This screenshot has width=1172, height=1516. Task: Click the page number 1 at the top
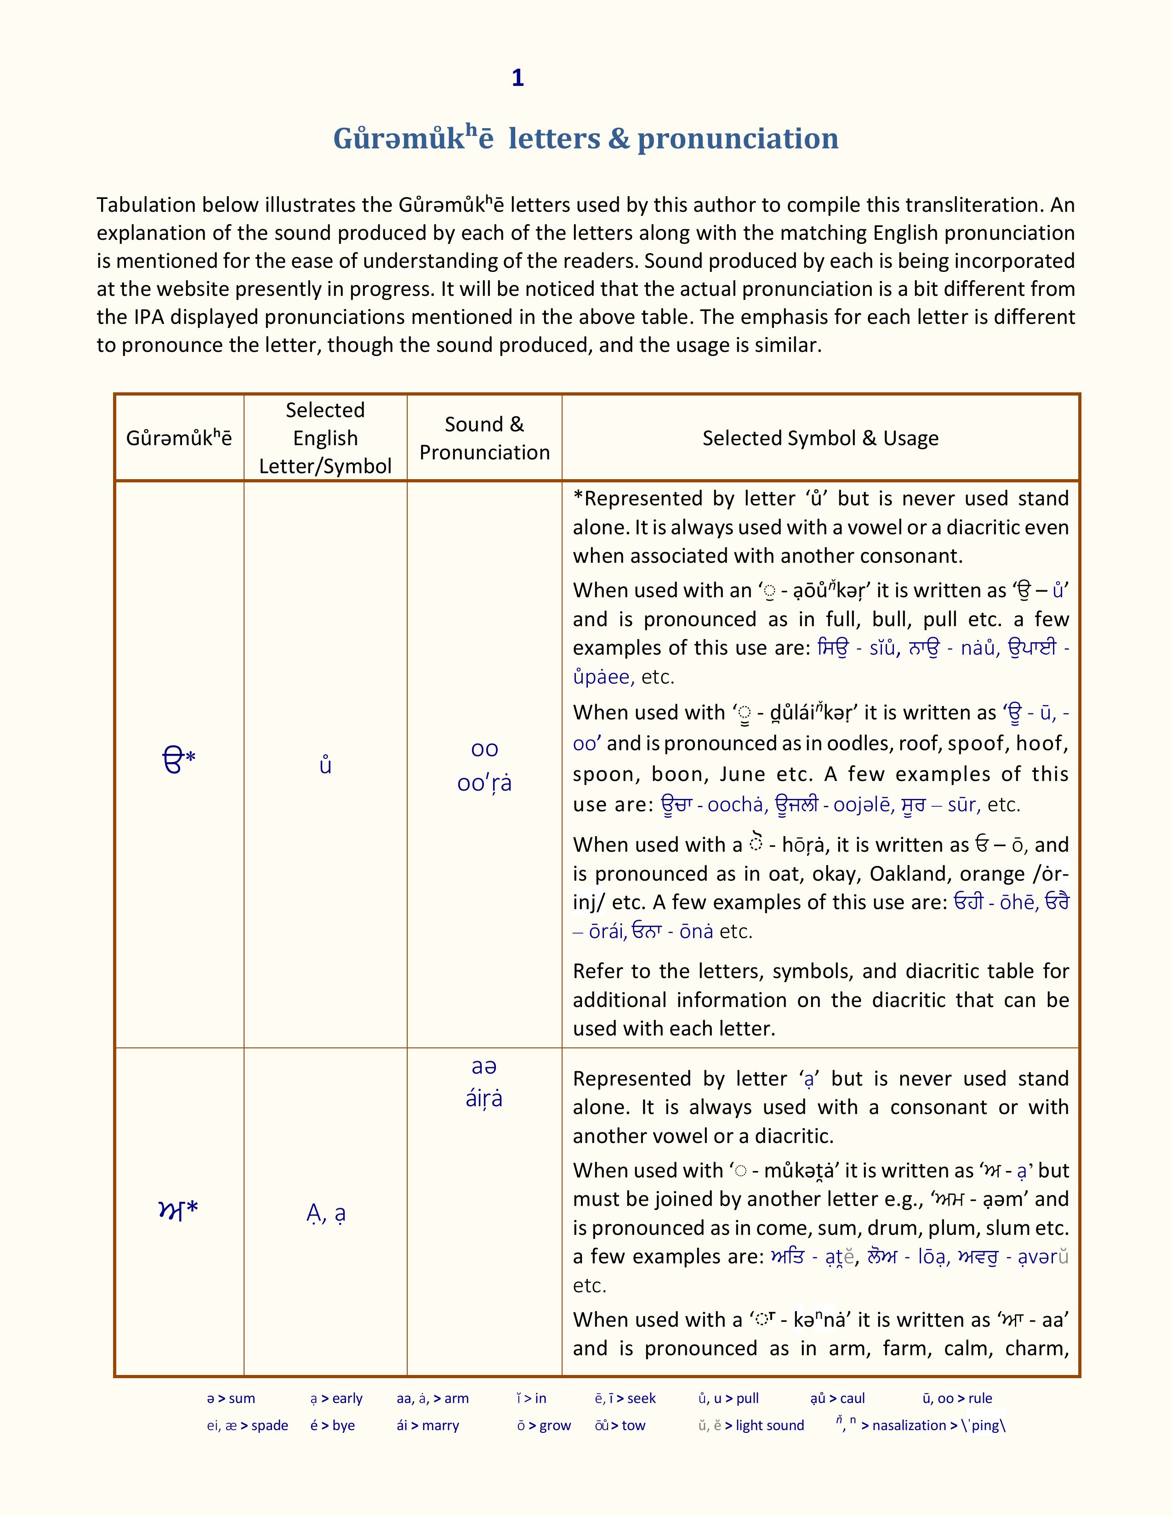tap(517, 78)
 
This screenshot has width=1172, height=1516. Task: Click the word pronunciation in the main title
tap(737, 138)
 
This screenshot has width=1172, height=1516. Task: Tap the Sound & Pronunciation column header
tap(484, 438)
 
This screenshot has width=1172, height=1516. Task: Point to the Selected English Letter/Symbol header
tap(325, 438)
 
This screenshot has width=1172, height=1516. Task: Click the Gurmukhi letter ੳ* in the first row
tap(178, 760)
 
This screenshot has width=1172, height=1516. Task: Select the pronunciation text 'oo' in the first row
tap(484, 748)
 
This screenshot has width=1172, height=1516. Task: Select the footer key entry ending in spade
tap(247, 1425)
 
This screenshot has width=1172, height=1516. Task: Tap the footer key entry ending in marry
tap(428, 1425)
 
